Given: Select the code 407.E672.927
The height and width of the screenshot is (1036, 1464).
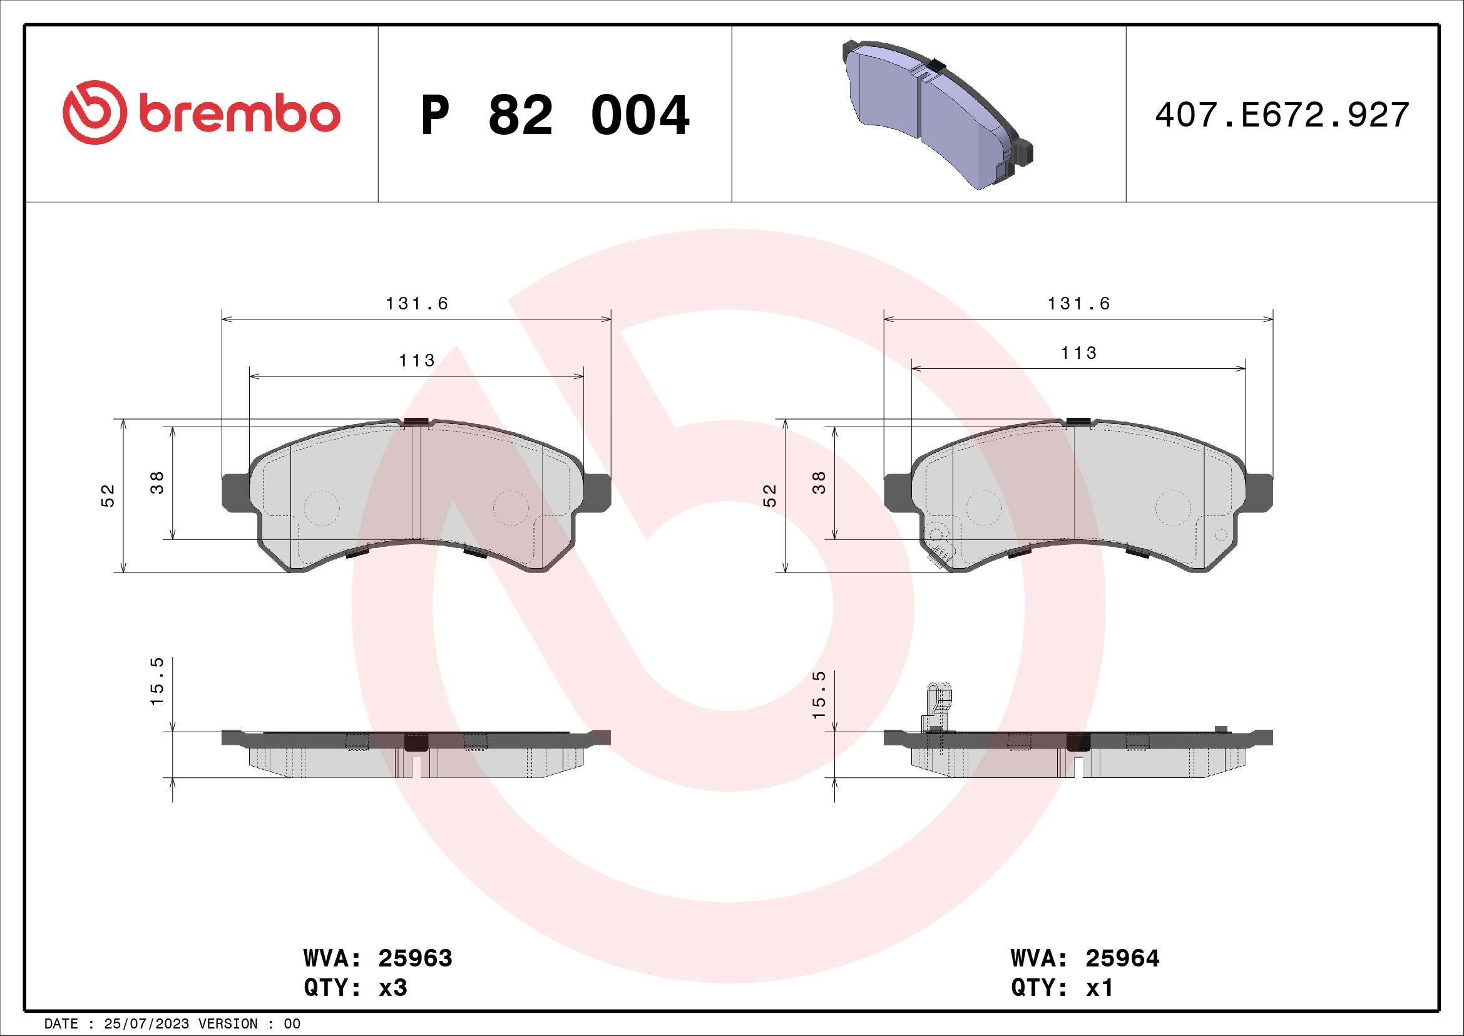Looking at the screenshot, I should tap(1282, 115).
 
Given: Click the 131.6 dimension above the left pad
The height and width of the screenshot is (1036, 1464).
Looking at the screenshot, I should tap(417, 304).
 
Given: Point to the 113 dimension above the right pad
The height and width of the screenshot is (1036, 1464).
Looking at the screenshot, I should tap(1079, 353).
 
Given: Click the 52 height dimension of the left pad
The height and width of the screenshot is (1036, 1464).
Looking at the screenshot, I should tap(108, 495).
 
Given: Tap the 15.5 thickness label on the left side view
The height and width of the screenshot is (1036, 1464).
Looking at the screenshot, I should tap(158, 681).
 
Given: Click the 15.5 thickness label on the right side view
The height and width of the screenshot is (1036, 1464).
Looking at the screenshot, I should tap(819, 695).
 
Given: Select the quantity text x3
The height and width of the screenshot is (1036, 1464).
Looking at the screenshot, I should tap(393, 988).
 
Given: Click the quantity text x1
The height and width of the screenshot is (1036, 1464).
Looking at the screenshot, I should tap(1099, 988).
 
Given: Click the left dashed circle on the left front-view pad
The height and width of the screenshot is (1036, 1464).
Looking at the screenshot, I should tap(321, 508).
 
